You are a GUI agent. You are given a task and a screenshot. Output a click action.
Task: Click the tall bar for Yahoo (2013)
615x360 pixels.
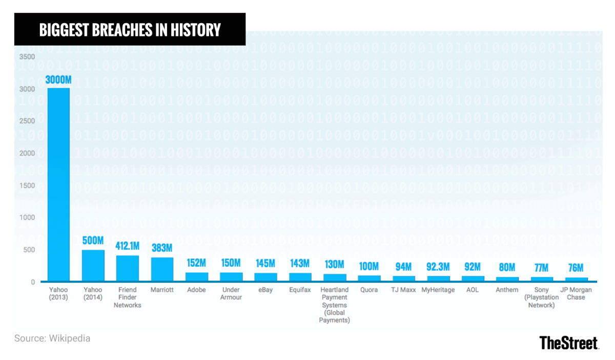click(58, 184)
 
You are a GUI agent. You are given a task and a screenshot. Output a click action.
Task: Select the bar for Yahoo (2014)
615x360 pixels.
click(93, 266)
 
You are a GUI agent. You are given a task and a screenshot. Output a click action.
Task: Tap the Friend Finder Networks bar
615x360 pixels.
click(128, 268)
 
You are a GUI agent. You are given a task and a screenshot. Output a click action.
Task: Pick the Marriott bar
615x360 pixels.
click(162, 269)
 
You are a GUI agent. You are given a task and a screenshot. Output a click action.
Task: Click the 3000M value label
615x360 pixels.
click(58, 80)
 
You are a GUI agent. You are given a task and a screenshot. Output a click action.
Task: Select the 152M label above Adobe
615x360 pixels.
click(196, 263)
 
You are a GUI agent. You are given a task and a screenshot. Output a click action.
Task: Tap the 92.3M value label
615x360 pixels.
click(438, 267)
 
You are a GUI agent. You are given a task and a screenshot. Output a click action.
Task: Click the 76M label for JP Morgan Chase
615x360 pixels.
click(576, 268)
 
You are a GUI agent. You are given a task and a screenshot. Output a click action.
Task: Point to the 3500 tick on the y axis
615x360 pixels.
click(28, 56)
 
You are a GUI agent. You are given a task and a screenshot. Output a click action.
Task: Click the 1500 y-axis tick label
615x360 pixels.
click(28, 185)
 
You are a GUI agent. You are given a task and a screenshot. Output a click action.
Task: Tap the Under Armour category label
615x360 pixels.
click(231, 293)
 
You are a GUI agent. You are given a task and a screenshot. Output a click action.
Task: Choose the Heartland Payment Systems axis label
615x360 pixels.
click(334, 305)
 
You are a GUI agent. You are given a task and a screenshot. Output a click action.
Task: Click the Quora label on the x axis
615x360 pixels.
click(369, 290)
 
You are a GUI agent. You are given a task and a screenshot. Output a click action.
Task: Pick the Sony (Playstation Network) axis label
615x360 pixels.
click(542, 298)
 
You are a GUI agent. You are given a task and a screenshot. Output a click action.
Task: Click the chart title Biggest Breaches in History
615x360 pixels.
click(130, 30)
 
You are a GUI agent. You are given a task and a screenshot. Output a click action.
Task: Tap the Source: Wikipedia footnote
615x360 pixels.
click(52, 338)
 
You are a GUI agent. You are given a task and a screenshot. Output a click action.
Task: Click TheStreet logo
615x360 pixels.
click(569, 343)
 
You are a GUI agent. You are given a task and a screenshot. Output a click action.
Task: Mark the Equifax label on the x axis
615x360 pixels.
click(300, 290)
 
